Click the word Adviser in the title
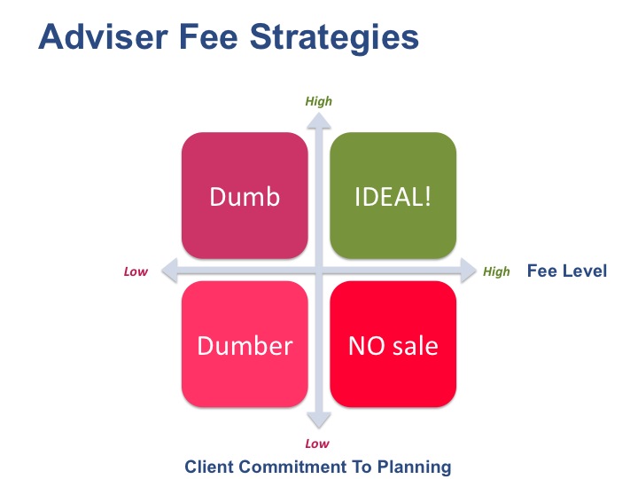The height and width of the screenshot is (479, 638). [x=103, y=36]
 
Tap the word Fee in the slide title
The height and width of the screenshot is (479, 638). [x=208, y=36]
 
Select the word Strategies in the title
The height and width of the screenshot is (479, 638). [x=334, y=38]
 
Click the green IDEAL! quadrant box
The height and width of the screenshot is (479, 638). [x=393, y=195]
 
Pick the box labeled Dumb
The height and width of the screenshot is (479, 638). [x=245, y=195]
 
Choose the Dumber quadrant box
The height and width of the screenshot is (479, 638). [x=245, y=344]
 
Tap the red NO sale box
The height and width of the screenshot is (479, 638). [x=393, y=344]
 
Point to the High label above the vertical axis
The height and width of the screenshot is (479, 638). [x=319, y=101]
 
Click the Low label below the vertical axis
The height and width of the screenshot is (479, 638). [x=317, y=444]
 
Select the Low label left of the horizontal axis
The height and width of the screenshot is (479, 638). [x=136, y=271]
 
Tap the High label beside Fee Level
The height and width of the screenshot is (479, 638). [x=496, y=271]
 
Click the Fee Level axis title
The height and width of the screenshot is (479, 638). [x=567, y=271]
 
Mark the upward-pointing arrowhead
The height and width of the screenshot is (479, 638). [x=319, y=122]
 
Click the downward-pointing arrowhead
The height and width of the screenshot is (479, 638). [x=319, y=420]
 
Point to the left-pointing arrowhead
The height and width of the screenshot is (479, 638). [x=170, y=270]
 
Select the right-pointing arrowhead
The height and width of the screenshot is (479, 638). [x=468, y=270]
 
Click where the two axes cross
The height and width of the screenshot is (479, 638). [x=319, y=270]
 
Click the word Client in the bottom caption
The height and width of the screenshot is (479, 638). [x=209, y=467]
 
